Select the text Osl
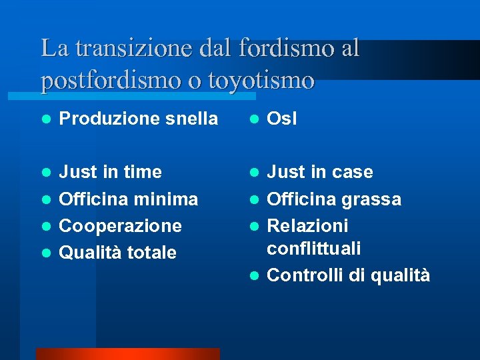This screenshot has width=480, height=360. click(282, 119)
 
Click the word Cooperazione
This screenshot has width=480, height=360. click(121, 225)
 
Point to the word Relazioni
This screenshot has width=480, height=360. click(307, 225)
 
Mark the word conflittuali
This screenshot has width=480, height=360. click(314, 249)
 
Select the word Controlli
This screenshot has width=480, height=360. click(305, 275)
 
